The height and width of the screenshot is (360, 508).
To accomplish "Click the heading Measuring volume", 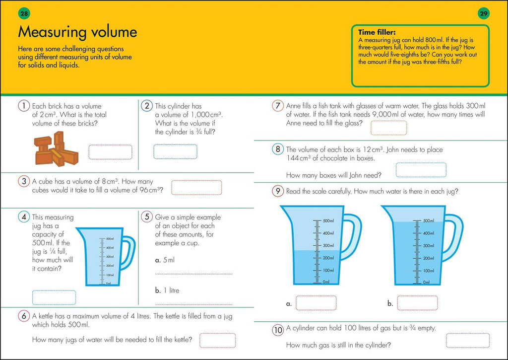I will pyautogui.click(x=77, y=33).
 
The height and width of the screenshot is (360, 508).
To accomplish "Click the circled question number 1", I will pyautogui.click(x=23, y=106).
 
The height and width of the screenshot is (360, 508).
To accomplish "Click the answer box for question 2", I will pyautogui.click(x=175, y=151).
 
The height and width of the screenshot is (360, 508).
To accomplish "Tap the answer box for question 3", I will pyautogui.click(x=196, y=188).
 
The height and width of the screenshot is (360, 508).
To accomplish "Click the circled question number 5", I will pyautogui.click(x=146, y=217).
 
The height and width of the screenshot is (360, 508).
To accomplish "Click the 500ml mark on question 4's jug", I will pyautogui.click(x=111, y=239).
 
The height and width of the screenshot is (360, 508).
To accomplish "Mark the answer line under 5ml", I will pyautogui.click(x=193, y=274).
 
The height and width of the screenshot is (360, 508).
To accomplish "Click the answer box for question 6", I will pyautogui.click(x=217, y=340).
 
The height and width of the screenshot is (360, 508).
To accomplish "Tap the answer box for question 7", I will pyautogui.click(x=388, y=128).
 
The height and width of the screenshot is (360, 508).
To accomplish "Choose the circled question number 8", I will pyautogui.click(x=278, y=149).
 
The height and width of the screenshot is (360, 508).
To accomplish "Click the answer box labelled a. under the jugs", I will pyautogui.click(x=316, y=303).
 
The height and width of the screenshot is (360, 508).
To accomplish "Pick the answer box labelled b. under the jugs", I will pyautogui.click(x=417, y=303).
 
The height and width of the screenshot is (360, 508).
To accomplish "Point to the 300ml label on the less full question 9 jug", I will pyautogui.click(x=328, y=245).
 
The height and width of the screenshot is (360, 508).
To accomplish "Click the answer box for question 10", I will pyautogui.click(x=467, y=340).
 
